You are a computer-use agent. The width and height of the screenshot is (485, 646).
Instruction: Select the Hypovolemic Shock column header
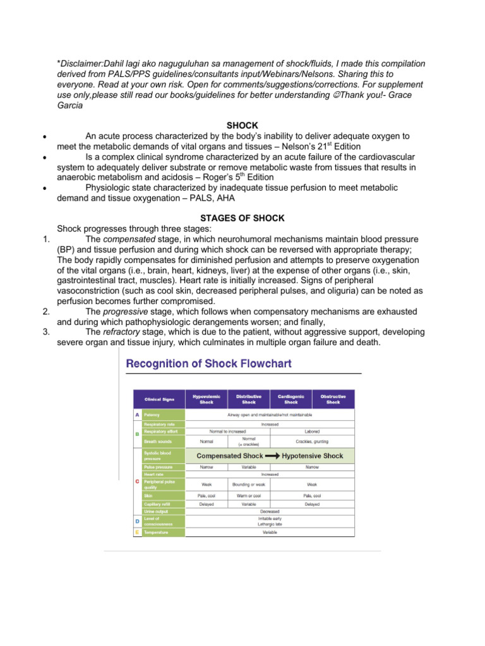207,399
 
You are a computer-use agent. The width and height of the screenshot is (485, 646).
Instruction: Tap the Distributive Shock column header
249,399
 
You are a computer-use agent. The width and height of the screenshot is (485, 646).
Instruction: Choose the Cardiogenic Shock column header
290,399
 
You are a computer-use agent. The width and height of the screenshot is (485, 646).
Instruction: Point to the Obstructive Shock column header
333,399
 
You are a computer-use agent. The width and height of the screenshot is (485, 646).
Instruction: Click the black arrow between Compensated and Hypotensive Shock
272,455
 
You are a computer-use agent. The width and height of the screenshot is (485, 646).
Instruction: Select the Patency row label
152,414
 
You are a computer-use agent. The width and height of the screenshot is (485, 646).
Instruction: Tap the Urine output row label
156,511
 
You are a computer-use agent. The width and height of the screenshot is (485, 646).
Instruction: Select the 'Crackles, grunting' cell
312,441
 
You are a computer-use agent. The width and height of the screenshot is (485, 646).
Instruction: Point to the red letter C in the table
138,481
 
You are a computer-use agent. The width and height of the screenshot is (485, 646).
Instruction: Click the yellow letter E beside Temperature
138,532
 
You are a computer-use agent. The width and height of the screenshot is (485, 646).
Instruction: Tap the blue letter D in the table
138,521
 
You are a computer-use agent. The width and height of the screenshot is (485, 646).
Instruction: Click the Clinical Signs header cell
159,399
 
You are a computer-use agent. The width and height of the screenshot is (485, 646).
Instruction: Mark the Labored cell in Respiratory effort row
312,432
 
